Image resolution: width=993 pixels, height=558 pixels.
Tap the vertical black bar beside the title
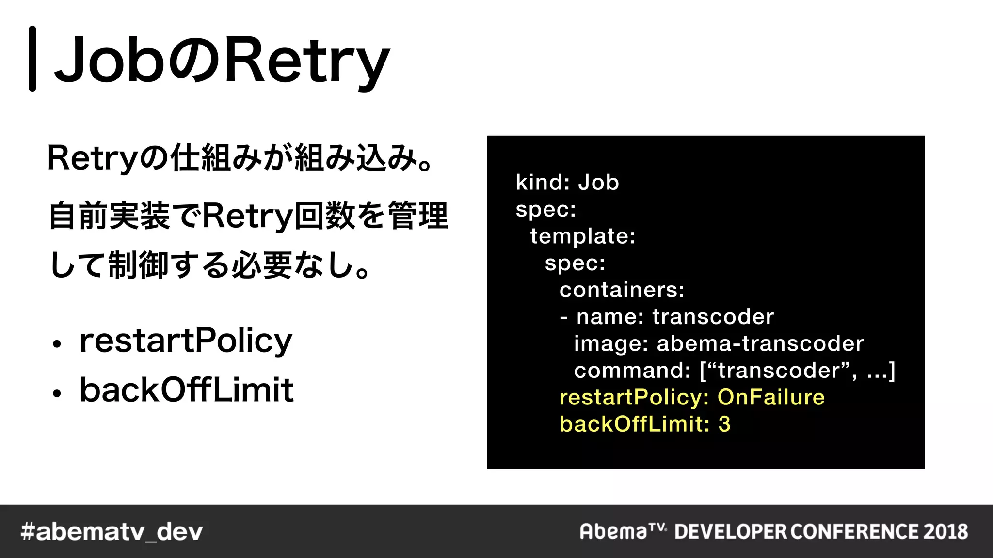pyautogui.click(x=32, y=59)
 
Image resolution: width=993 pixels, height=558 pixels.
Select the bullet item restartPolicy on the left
pyautogui.click(x=186, y=341)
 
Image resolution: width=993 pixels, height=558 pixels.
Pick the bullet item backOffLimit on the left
pyautogui.click(x=186, y=389)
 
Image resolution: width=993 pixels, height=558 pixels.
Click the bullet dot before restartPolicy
pyautogui.click(x=57, y=344)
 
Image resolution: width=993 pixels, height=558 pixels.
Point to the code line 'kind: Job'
pyautogui.click(x=567, y=183)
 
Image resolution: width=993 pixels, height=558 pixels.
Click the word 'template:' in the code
pyautogui.click(x=582, y=236)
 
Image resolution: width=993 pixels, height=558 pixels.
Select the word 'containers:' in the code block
pyautogui.click(x=622, y=290)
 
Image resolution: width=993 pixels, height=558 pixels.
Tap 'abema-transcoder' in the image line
pyautogui.click(x=760, y=343)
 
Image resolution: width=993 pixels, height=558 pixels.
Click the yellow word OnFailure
pyautogui.click(x=771, y=397)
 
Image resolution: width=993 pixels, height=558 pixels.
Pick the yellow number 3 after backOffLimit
pyautogui.click(x=724, y=424)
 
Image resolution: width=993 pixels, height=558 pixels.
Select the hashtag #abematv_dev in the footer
pyautogui.click(x=112, y=532)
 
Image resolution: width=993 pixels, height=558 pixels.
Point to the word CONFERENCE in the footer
pyautogui.click(x=855, y=531)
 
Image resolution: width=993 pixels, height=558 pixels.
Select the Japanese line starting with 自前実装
pyautogui.click(x=248, y=216)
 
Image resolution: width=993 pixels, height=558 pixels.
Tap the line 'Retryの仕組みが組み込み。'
pyautogui.click(x=240, y=158)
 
